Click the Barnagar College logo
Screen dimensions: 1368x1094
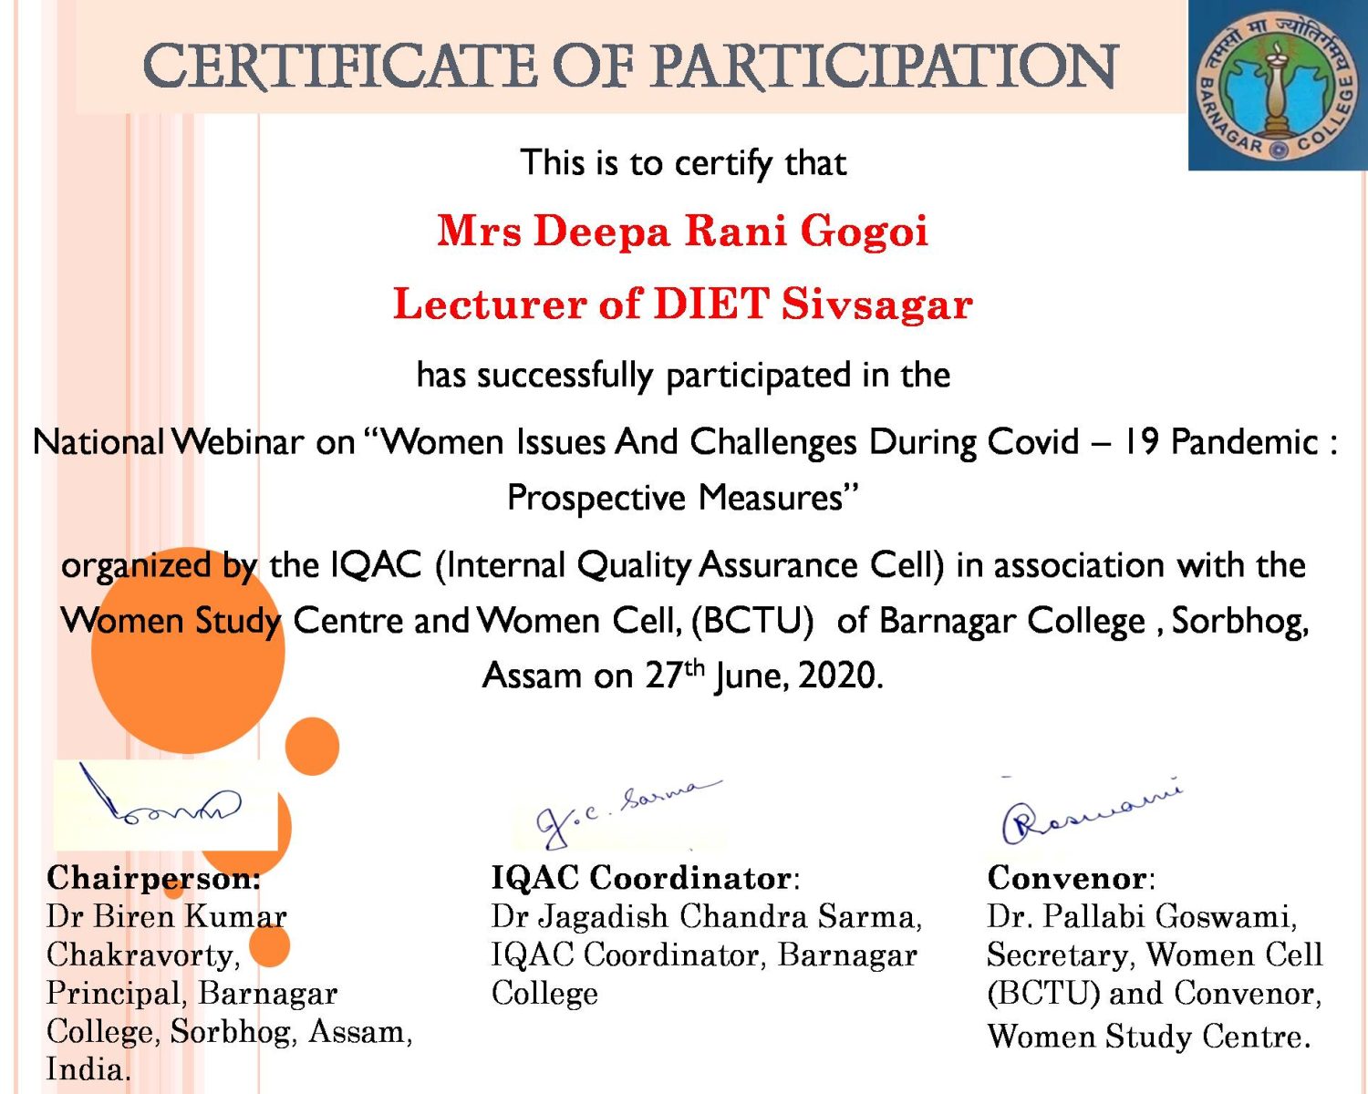pyautogui.click(x=1278, y=85)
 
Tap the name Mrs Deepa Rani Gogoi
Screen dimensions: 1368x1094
pyautogui.click(x=683, y=231)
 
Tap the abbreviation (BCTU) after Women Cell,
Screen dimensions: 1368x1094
pyautogui.click(x=752, y=621)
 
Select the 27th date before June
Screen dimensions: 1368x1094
pyautogui.click(x=675, y=674)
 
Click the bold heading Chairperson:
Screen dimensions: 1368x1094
pyautogui.click(x=154, y=880)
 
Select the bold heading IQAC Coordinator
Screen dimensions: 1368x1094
pyautogui.click(x=641, y=878)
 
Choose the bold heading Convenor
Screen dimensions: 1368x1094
pyautogui.click(x=1067, y=878)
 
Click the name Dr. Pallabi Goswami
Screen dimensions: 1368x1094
pyautogui.click(x=1142, y=917)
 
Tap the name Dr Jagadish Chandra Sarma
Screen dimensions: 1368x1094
pyautogui.click(x=706, y=917)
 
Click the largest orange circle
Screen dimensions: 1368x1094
pyautogui.click(x=188, y=650)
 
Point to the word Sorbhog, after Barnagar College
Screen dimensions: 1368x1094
pyautogui.click(x=1239, y=622)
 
